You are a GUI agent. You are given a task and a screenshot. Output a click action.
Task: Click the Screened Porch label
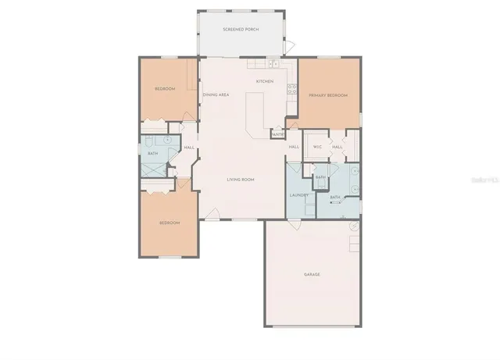coord(241,30)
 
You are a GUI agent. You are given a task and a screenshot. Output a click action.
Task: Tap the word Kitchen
coord(264,81)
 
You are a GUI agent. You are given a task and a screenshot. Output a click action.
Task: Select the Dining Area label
coord(216,94)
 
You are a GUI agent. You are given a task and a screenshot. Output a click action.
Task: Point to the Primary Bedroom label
coord(327,94)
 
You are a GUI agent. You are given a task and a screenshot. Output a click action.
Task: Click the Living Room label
coord(241,180)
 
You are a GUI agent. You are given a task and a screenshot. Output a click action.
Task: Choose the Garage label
coord(312,274)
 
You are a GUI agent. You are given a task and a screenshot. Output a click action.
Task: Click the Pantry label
coord(277,134)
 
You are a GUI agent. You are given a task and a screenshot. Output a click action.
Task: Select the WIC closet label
coord(318,147)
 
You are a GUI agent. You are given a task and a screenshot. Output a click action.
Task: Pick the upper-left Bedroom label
coord(164,89)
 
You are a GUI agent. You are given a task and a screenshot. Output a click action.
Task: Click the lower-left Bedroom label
coord(170,223)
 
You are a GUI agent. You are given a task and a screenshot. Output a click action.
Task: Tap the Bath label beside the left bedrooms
coord(153,154)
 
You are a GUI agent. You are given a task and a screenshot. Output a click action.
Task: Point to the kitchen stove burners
coord(293,88)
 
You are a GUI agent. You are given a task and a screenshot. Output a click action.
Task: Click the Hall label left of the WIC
coord(295,147)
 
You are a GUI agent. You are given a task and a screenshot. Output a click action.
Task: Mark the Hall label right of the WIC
coord(337,147)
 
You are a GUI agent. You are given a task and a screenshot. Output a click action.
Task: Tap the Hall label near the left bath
coord(189,148)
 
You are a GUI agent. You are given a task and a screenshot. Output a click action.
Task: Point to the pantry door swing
coord(290,125)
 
